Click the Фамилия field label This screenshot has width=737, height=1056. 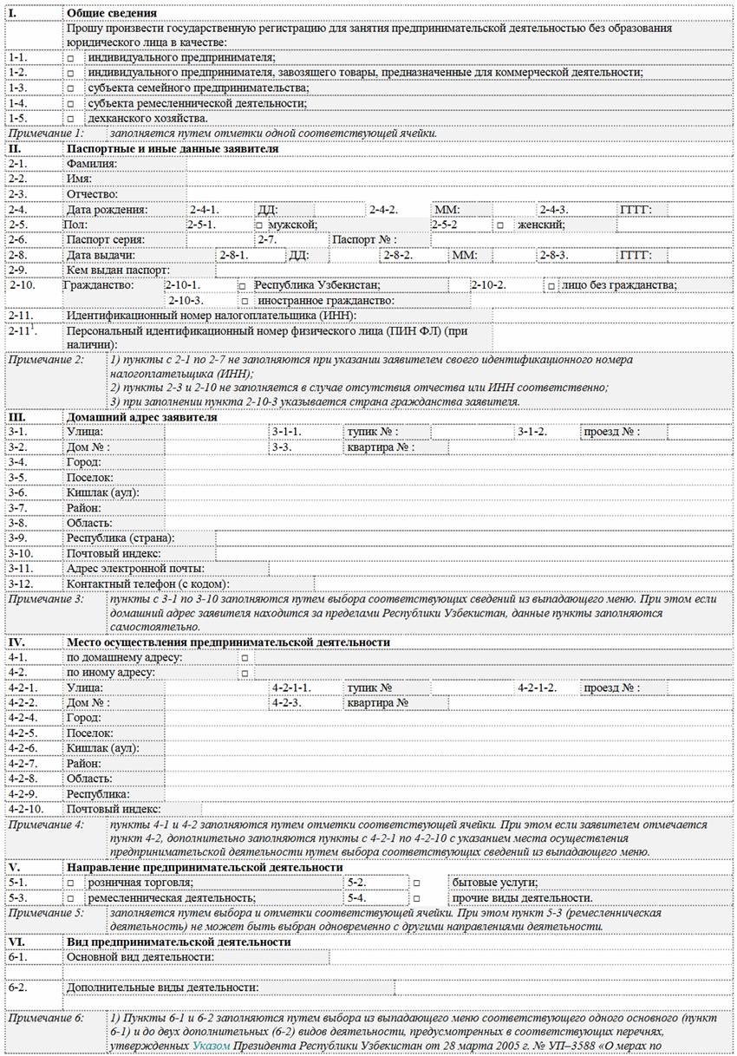point(91,164)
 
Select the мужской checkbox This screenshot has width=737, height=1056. point(259,225)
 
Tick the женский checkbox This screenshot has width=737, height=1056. point(500,225)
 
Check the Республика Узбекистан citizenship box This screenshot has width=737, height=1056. point(243,285)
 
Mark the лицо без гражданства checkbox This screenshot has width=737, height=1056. point(551,285)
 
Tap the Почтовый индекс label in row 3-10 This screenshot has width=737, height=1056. point(113,553)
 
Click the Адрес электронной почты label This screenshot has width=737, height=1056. point(135,568)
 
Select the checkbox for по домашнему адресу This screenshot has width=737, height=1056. point(245,658)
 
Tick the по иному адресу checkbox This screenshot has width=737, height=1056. point(245,673)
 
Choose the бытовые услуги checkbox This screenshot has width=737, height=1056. point(417,883)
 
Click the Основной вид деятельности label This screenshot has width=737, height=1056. point(140,957)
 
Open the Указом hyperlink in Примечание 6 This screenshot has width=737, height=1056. point(211,1047)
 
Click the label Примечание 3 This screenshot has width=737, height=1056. point(46,598)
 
